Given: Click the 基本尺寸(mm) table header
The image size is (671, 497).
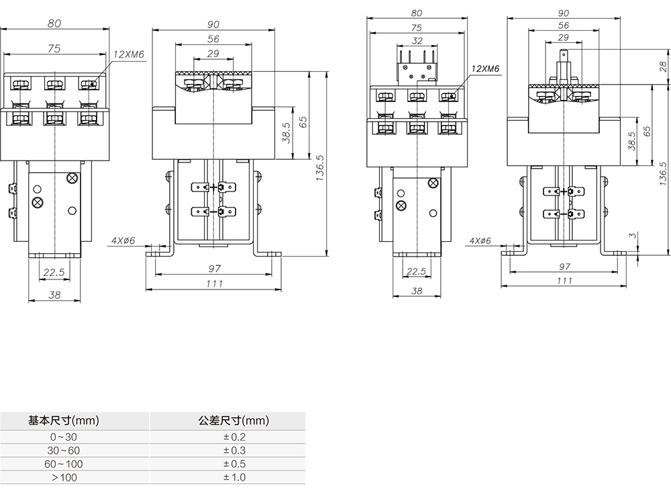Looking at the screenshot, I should tap(64, 422).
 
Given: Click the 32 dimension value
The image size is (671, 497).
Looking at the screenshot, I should tap(417, 41).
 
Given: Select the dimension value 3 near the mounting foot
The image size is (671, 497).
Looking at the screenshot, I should tap(633, 236).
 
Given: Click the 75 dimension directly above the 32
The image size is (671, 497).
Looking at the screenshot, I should tap(417, 28).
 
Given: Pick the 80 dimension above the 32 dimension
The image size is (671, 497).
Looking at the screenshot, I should tap(417, 13).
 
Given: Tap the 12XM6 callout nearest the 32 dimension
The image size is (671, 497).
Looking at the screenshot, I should tap(485, 69).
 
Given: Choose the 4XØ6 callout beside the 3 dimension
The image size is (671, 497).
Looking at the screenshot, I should tap(480, 240).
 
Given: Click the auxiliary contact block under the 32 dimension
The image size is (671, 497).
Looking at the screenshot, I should tap(417, 64).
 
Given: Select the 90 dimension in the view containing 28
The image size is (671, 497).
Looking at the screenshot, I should tap(564, 13).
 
